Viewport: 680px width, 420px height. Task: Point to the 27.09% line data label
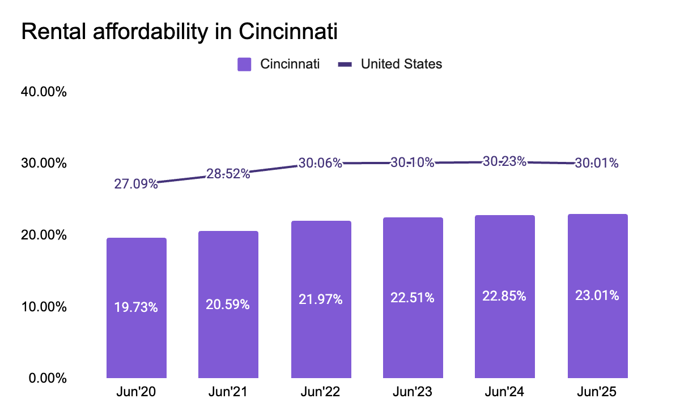point(136,184)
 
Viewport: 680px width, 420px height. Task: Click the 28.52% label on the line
point(228,174)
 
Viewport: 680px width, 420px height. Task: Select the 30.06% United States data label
point(320,164)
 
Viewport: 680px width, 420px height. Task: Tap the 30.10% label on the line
point(413,163)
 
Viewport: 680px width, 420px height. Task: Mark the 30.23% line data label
point(504,161)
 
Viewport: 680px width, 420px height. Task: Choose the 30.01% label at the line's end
point(597,164)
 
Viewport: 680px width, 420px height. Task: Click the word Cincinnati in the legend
point(290,64)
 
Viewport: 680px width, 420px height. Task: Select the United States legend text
point(401,64)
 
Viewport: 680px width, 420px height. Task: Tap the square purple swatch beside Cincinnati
point(244,64)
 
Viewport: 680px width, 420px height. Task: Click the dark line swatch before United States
point(345,64)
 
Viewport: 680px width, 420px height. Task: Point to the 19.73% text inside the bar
point(136,308)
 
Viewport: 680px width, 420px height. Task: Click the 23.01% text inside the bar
point(597,295)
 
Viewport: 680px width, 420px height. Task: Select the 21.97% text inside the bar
point(321,300)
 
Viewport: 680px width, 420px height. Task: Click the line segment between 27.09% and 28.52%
point(182,179)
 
